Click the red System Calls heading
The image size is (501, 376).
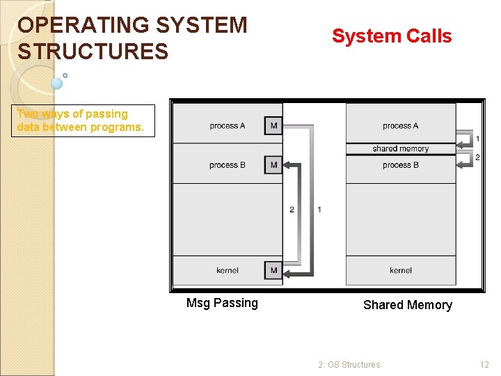pyautogui.click(x=392, y=36)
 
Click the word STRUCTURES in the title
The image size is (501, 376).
pyautogui.click(x=93, y=52)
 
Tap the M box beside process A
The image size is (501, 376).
pyautogui.click(x=273, y=125)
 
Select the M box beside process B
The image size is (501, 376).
pyautogui.click(x=273, y=165)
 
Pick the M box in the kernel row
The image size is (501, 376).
pyautogui.click(x=273, y=270)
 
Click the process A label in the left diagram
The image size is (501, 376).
pyautogui.click(x=228, y=126)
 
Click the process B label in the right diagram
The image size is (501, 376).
pyautogui.click(x=401, y=165)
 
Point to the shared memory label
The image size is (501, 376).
pyautogui.click(x=401, y=148)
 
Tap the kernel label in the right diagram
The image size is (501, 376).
pyautogui.click(x=401, y=270)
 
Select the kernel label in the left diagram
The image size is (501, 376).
pyautogui.click(x=228, y=270)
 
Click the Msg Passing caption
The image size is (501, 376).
pyautogui.click(x=222, y=303)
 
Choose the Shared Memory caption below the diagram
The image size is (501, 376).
pyautogui.click(x=407, y=305)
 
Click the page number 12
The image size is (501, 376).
pyautogui.click(x=484, y=364)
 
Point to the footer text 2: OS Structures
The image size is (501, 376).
pyautogui.click(x=349, y=364)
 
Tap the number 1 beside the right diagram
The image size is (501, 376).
pyautogui.click(x=477, y=139)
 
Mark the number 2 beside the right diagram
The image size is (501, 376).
pyautogui.click(x=477, y=157)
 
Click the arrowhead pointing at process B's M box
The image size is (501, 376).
pyautogui.click(x=287, y=165)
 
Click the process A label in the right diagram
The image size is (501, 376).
pyautogui.click(x=401, y=126)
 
